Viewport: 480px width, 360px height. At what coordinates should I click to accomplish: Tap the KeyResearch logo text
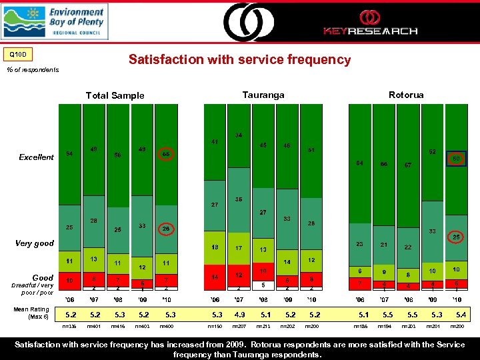(x=370, y=31)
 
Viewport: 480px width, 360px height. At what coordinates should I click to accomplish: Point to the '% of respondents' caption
(x=32, y=69)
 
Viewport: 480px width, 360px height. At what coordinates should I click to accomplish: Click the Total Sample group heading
(x=115, y=95)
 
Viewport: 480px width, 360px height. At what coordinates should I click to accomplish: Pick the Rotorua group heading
(x=406, y=95)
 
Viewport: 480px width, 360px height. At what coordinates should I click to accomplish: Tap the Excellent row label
(x=37, y=157)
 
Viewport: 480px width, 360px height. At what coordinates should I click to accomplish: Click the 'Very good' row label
(x=34, y=243)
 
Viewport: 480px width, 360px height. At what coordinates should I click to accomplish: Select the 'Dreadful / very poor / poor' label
(x=28, y=289)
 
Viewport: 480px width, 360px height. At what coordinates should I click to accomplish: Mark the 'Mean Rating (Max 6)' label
(x=31, y=312)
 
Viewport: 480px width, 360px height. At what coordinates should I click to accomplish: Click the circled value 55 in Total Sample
(x=166, y=154)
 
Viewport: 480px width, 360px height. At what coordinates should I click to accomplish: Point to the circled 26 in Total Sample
(x=166, y=229)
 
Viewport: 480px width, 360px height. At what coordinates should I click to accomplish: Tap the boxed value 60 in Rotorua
(x=457, y=159)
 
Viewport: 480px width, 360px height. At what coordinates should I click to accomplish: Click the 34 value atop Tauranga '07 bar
(x=238, y=135)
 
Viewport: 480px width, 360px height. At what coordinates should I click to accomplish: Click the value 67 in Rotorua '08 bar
(x=407, y=165)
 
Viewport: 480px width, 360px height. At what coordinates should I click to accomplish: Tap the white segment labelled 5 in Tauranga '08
(x=263, y=285)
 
